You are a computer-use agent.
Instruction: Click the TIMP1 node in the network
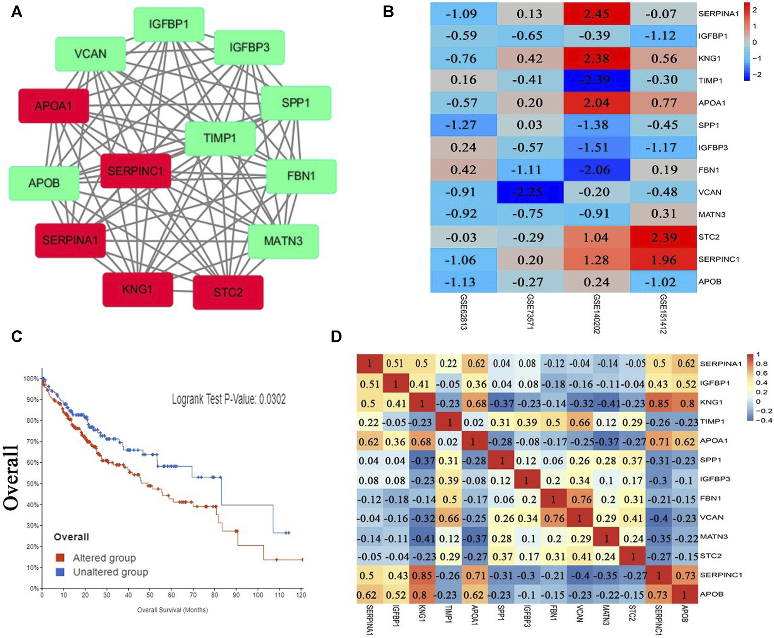[x=220, y=138]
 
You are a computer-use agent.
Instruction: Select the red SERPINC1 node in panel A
[x=135, y=171]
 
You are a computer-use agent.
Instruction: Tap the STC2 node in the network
[x=228, y=292]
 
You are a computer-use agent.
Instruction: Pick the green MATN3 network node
[x=283, y=241]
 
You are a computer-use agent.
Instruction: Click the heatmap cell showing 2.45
[x=596, y=14]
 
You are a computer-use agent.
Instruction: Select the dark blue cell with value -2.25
[x=529, y=192]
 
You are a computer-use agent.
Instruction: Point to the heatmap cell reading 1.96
[x=663, y=260]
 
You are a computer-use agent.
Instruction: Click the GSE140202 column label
[x=597, y=314]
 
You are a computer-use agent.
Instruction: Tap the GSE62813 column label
[x=463, y=312]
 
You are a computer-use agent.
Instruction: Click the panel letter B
[x=388, y=12]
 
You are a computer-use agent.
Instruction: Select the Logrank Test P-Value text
[x=228, y=399]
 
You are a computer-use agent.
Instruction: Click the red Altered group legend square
[x=60, y=558]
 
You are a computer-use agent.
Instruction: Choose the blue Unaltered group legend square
[x=60, y=572]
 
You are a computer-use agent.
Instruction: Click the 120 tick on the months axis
[x=301, y=595]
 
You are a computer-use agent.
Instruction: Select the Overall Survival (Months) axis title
[x=173, y=610]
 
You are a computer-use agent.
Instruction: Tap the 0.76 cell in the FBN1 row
[x=581, y=499]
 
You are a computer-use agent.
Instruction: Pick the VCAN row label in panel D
[x=712, y=517]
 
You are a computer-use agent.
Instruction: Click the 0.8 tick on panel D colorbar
[x=762, y=364]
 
